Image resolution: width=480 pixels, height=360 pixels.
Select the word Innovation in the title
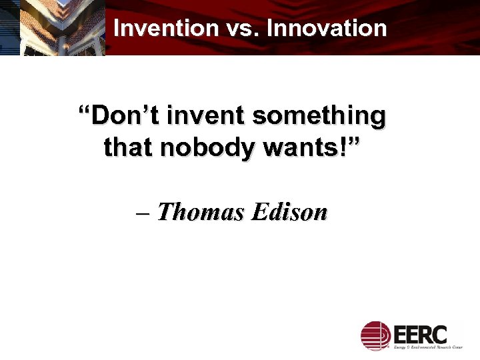327,28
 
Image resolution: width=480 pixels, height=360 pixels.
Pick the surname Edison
289,212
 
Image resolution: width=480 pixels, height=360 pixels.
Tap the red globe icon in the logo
375,335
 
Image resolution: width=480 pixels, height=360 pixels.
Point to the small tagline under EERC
426,347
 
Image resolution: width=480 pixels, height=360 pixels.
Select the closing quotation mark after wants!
353,141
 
